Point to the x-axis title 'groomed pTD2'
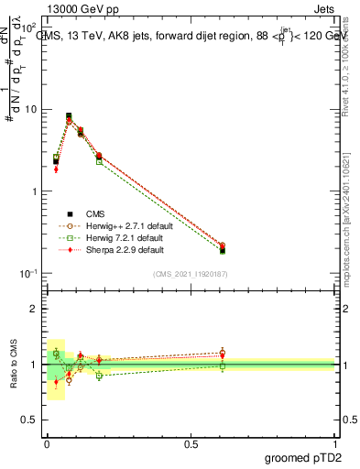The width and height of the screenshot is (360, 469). pyautogui.click(x=303, y=458)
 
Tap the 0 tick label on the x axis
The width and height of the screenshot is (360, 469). pyautogui.click(x=47, y=443)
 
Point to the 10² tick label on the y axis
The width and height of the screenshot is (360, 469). pyautogui.click(x=30, y=28)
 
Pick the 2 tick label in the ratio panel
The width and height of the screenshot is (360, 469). pyautogui.click(x=35, y=309)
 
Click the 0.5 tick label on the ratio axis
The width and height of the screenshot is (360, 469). pyautogui.click(x=31, y=420)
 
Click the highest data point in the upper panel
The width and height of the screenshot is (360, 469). pyautogui.click(x=69, y=116)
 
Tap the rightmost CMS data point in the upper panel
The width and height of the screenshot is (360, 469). pyautogui.click(x=223, y=249)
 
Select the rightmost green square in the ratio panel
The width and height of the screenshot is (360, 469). pyautogui.click(x=223, y=366)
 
